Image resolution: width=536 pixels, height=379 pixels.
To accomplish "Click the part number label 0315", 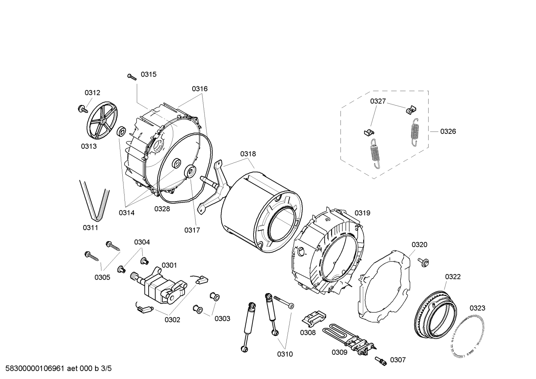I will [x=148, y=74].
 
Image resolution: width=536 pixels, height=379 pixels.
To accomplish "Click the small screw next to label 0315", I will [x=132, y=76].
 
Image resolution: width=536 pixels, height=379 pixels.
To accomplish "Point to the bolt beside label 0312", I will [x=81, y=109].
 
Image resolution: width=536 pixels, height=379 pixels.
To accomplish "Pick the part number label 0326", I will [x=448, y=131].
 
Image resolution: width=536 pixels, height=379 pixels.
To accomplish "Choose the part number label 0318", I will [x=248, y=154].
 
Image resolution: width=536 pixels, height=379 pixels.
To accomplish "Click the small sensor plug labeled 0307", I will [x=380, y=360].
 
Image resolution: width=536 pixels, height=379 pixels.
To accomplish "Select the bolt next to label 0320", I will [x=423, y=261].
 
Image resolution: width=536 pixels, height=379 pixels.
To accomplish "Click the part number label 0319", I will [x=362, y=213].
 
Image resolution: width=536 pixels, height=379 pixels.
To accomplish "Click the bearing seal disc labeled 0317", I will [x=191, y=172].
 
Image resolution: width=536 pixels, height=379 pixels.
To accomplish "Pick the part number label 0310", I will [x=285, y=354].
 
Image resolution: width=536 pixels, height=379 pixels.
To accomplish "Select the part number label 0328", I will [x=162, y=209].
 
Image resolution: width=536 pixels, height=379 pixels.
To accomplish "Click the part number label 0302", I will [x=172, y=319].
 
